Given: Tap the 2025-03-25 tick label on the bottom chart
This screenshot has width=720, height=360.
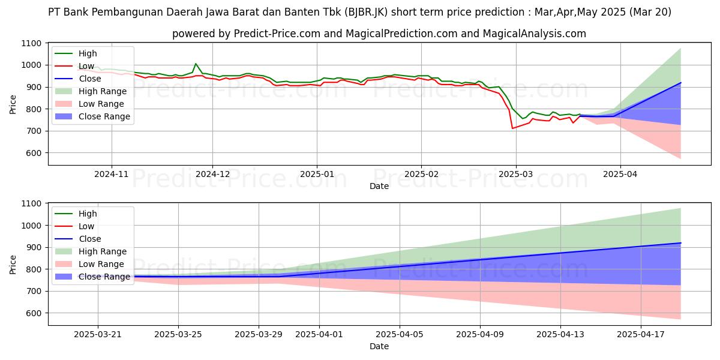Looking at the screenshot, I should click(178, 334).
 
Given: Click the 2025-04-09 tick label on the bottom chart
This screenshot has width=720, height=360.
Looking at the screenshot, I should click(480, 334).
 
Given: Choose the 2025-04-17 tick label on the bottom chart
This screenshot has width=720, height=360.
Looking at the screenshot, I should click(641, 334).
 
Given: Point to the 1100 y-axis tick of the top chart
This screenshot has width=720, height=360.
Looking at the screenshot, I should click(31, 43).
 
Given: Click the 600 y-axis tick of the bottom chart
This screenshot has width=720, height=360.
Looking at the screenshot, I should click(34, 313).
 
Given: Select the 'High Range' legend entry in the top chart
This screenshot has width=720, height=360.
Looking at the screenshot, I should click(103, 91).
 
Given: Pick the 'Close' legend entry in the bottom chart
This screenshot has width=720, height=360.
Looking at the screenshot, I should click(90, 239).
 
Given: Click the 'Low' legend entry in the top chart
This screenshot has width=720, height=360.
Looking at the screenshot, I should click(87, 66).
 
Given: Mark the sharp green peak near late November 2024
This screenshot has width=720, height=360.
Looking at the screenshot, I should click(196, 64).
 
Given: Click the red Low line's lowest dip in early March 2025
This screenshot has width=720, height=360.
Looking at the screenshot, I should click(512, 128).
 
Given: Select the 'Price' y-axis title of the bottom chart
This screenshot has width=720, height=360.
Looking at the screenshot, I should click(13, 264).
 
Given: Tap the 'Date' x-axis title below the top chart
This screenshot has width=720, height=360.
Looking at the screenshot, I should click(379, 186).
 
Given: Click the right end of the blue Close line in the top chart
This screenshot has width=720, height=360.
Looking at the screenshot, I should click(680, 83).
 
